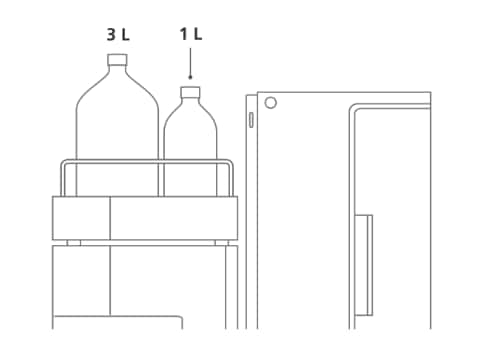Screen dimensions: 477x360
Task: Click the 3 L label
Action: click(118, 34)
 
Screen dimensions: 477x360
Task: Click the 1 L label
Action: click(191, 34)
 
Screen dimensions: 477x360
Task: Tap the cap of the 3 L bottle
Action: click(117, 59)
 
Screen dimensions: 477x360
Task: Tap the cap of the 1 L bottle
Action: click(190, 92)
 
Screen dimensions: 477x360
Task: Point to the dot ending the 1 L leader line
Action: click(190, 77)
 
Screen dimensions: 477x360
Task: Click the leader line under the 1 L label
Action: click(190, 62)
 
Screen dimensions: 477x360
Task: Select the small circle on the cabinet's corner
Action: click(270, 103)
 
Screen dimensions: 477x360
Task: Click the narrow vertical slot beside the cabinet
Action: click(251, 120)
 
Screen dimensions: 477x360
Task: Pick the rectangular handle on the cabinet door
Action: click(363, 265)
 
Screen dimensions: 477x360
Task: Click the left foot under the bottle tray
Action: click(74, 243)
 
